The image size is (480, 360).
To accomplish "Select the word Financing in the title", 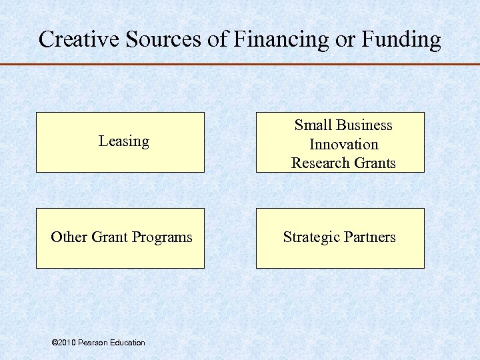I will coord(281,40).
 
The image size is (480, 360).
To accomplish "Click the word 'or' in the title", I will coord(345,40).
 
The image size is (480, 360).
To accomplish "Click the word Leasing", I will coord(123,141).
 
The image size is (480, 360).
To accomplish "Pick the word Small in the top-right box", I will coord(313,125).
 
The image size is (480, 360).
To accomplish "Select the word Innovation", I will coord(343,144).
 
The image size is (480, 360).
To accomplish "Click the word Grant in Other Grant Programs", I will coord(111,237).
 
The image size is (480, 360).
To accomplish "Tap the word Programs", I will coord(162,238).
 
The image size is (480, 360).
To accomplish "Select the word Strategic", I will coord(310,237).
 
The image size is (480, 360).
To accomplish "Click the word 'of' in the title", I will coord(218,39).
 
